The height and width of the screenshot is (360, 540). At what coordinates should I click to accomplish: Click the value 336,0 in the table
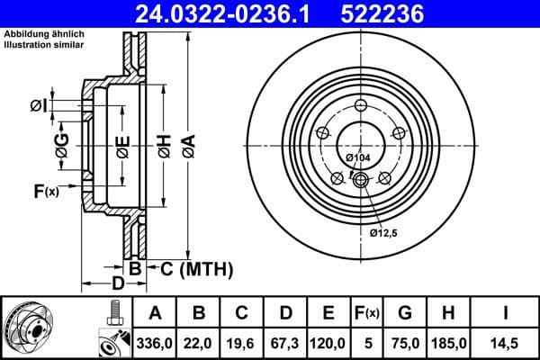point(155,343)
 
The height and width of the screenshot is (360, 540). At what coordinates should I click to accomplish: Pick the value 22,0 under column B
point(199,343)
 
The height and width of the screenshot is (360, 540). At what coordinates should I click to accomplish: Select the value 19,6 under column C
point(242,343)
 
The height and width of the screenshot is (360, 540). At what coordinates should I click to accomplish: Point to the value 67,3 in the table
point(285,343)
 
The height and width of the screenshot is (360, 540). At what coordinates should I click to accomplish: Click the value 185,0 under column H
point(447,343)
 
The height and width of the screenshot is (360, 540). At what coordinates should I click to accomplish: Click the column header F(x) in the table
point(367,313)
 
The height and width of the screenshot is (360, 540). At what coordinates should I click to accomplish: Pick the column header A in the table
point(155,313)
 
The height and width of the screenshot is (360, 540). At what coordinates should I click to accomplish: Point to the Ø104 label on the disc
point(358,158)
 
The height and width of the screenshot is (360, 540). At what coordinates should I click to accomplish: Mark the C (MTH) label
point(196,268)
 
